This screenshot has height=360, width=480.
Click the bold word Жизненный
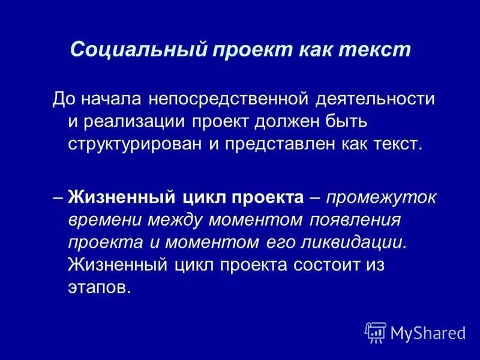click(x=121, y=197)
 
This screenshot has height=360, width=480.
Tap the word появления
click(x=354, y=220)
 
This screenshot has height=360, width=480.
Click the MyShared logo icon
click(x=375, y=331)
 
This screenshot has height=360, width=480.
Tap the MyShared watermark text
click(x=428, y=332)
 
